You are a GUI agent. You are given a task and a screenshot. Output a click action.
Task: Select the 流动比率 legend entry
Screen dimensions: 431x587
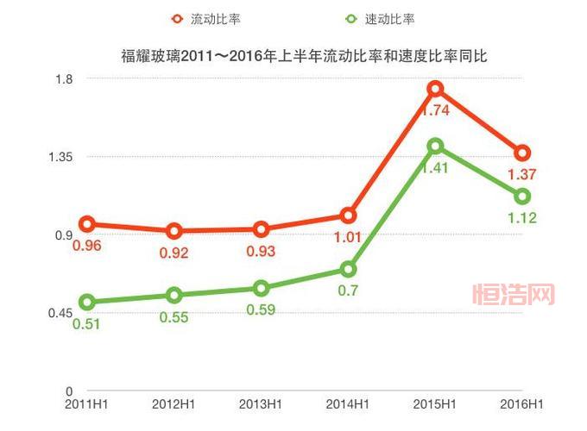(x=208, y=18)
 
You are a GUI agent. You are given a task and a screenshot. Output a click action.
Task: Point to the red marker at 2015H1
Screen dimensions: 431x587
(x=436, y=89)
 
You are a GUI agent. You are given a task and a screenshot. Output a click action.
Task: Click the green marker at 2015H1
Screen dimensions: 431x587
(x=436, y=147)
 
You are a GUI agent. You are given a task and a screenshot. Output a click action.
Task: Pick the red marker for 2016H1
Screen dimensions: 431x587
(x=522, y=153)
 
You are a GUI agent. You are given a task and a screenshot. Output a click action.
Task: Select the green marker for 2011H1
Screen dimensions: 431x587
(x=86, y=303)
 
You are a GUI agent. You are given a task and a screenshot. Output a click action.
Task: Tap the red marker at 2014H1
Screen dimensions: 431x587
(x=348, y=215)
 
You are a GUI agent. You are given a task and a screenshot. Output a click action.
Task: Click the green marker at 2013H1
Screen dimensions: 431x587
(x=261, y=289)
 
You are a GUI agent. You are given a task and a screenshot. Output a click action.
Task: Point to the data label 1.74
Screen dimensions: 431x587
(x=436, y=110)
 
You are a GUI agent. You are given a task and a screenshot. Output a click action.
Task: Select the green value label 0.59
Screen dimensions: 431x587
(x=261, y=310)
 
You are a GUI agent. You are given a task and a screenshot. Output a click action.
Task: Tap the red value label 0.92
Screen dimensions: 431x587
(x=174, y=253)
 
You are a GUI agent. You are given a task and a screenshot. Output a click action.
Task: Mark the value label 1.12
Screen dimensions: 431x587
(x=522, y=218)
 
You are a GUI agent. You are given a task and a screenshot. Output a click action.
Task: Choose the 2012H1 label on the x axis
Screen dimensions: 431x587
(x=174, y=403)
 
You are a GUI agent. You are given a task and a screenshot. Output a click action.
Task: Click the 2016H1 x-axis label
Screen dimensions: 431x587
(x=522, y=403)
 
